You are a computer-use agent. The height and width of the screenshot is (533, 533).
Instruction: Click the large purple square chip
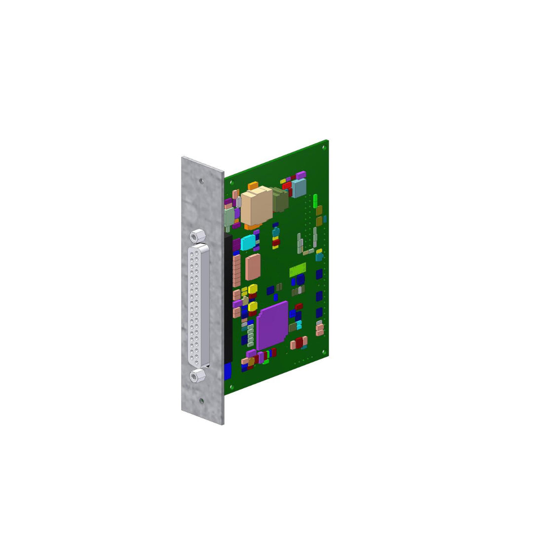pos(272,325)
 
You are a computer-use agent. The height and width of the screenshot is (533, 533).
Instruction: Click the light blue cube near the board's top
pos(299,188)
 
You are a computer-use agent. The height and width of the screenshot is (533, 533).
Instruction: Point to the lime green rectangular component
pos(298,270)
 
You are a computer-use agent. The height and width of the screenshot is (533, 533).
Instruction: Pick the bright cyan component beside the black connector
pos(248,242)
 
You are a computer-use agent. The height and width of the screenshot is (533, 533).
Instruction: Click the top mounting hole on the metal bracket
pos(201,181)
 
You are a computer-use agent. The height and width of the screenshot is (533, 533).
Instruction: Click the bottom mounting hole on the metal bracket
pos(201,401)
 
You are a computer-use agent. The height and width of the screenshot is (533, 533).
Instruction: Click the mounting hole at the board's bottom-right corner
pos(324,352)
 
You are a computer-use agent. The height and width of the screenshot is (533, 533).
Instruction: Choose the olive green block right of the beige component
pos(280,200)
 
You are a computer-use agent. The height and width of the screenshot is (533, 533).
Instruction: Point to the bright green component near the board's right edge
pos(315,200)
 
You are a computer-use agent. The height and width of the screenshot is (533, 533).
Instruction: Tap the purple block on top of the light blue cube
pos(301,175)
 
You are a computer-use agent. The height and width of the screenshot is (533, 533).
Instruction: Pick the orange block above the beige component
pos(253,186)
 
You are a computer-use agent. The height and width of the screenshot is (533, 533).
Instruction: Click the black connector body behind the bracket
pos(228,296)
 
